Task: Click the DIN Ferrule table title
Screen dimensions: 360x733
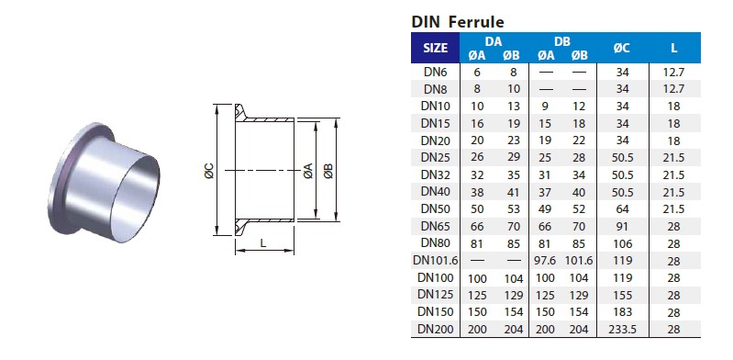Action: click(x=457, y=22)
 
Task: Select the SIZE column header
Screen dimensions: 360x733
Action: click(x=436, y=49)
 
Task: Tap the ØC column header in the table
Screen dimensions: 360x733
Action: click(x=623, y=49)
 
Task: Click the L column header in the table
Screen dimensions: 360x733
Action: click(x=674, y=49)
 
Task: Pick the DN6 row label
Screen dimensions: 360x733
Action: click(x=436, y=72)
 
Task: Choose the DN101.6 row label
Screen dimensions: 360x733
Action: click(x=436, y=260)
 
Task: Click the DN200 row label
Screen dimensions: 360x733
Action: click(x=436, y=328)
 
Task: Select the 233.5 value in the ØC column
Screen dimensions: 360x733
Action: click(x=623, y=328)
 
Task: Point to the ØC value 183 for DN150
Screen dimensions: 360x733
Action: click(x=623, y=311)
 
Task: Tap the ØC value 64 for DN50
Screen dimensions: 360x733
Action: click(x=623, y=208)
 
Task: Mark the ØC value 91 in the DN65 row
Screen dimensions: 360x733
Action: click(x=623, y=226)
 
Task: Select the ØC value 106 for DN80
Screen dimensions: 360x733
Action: click(x=623, y=242)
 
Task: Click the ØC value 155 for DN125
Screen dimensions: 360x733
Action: click(x=623, y=294)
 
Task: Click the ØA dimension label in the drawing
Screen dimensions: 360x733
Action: click(x=307, y=171)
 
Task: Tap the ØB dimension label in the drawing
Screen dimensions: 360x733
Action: click(x=328, y=171)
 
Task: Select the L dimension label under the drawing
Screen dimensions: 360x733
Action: click(x=263, y=242)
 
